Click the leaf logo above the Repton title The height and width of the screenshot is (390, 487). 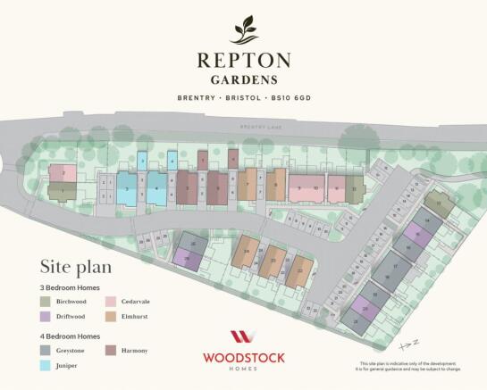click(x=243, y=31)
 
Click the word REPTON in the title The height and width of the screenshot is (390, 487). click(x=243, y=61)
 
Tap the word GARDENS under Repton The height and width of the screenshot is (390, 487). click(x=243, y=80)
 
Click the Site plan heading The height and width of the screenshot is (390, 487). click(x=75, y=267)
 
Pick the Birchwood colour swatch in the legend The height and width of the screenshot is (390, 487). click(x=46, y=303)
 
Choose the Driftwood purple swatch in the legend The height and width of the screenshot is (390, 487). click(x=46, y=317)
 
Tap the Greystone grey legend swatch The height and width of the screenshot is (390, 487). click(x=46, y=351)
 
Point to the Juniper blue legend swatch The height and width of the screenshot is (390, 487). click(x=46, y=365)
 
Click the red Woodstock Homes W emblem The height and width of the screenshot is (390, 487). click(x=243, y=337)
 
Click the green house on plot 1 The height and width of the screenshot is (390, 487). click(x=62, y=191)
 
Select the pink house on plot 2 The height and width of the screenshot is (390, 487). click(x=62, y=173)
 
